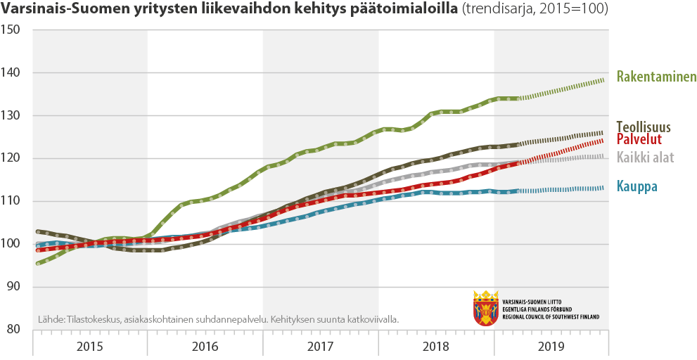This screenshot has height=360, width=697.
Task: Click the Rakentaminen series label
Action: click(x=656, y=77)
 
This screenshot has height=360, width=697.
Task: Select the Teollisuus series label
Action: click(x=644, y=127)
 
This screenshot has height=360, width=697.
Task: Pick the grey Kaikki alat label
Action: click(x=645, y=157)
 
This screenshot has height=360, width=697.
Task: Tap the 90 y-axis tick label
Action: click(x=13, y=287)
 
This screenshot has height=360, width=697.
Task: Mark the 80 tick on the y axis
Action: click(x=13, y=330)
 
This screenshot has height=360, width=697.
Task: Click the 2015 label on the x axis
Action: click(x=90, y=347)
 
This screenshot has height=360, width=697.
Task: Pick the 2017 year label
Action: click(x=321, y=347)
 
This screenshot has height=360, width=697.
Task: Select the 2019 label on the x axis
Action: click(x=551, y=347)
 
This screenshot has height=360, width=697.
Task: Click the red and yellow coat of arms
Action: click(x=486, y=308)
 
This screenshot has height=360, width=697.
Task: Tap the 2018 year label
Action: click(x=436, y=347)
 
